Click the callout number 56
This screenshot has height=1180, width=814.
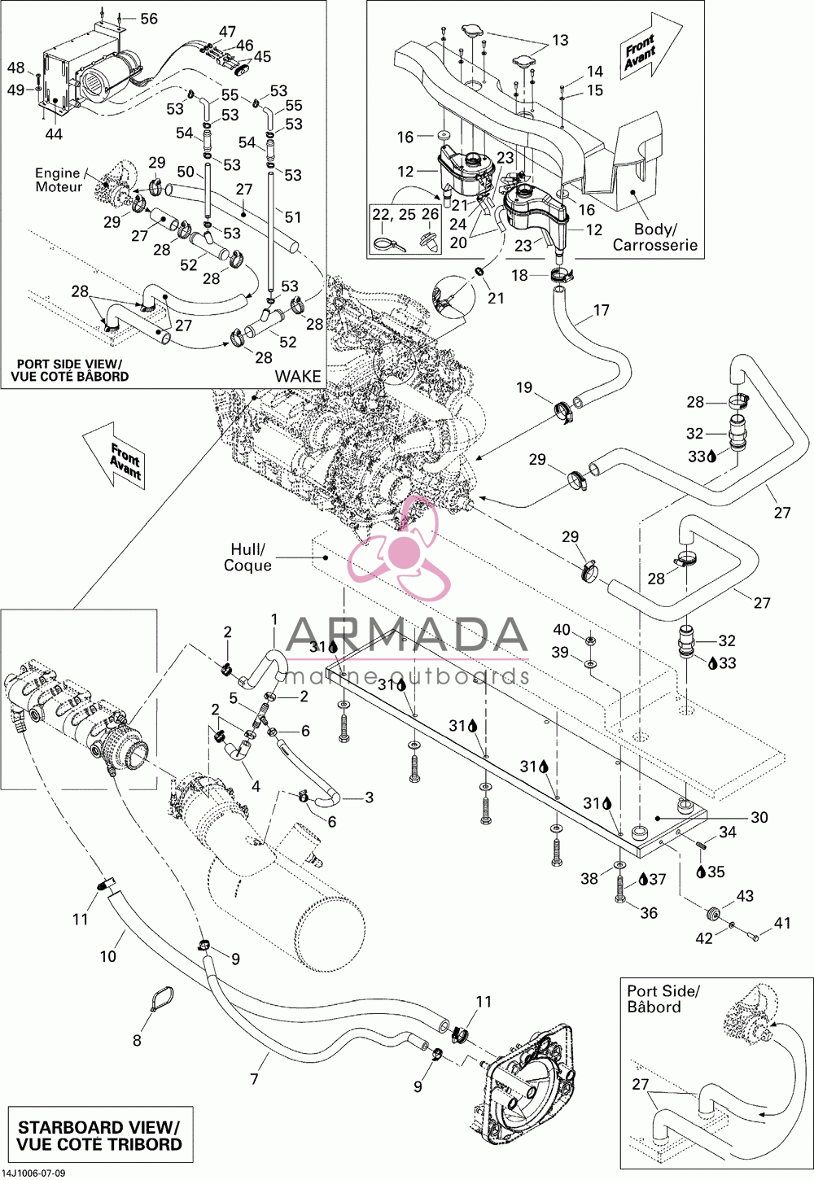149,19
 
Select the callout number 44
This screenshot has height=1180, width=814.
54,134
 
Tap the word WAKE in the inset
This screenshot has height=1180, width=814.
298,376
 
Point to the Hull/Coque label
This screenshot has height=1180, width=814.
247,557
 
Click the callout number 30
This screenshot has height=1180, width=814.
759,817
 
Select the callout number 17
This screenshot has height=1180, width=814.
602,310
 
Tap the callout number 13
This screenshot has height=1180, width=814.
561,40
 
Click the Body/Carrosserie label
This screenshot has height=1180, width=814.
655,237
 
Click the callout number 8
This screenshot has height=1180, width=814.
137,1040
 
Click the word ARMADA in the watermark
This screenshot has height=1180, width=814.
407,636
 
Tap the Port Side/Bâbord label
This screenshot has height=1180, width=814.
663,999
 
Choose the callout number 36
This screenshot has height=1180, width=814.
649,912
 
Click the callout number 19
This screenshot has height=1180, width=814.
524,387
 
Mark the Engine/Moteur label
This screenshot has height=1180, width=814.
59,180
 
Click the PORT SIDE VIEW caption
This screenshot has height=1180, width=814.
69,369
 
